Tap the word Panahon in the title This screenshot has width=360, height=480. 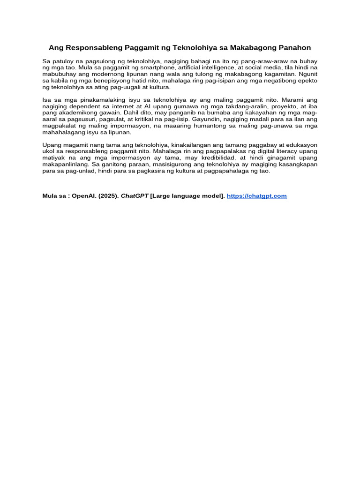point(293,48)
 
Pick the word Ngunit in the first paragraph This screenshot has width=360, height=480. point(307,74)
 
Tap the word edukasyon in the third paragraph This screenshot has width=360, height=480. point(301,145)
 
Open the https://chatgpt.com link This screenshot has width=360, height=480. point(256,196)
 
